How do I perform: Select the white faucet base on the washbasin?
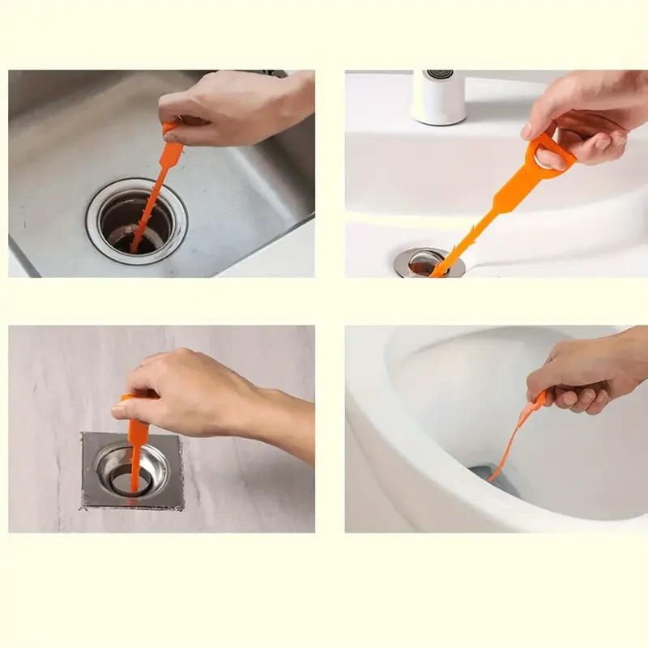(x=438, y=97)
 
